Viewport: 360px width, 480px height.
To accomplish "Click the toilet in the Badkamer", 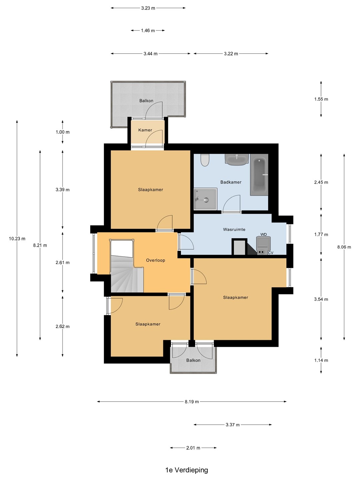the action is click(x=205, y=160).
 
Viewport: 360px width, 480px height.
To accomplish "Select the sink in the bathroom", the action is click(x=237, y=159).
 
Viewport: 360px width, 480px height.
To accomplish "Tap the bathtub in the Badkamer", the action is click(x=259, y=175).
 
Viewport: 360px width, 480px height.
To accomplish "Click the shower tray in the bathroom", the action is click(x=205, y=199).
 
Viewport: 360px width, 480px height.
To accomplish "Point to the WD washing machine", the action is click(x=263, y=245).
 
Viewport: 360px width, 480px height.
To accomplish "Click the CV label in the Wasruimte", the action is click(x=271, y=253).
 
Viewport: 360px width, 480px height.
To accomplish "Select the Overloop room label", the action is click(x=155, y=260).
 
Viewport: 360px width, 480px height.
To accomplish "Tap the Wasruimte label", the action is click(x=234, y=229).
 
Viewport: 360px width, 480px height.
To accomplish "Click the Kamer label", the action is click(x=145, y=130).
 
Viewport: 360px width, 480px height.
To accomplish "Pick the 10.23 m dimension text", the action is click(x=17, y=239).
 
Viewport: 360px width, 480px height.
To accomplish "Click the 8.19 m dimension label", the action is click(x=192, y=401).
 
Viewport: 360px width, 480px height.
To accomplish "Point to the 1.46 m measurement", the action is click(x=148, y=31).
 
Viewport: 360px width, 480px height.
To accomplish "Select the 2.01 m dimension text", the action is click(x=193, y=448).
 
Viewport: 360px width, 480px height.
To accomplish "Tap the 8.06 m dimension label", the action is click(x=344, y=247).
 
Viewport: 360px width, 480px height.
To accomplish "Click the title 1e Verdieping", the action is click(x=187, y=470).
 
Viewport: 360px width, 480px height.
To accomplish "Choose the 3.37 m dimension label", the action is click(x=233, y=425).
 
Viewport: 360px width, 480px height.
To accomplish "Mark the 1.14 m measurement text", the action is click(x=321, y=360).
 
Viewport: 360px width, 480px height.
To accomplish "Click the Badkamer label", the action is click(x=231, y=182).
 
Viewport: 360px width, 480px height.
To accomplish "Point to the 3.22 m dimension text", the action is click(x=231, y=54).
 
